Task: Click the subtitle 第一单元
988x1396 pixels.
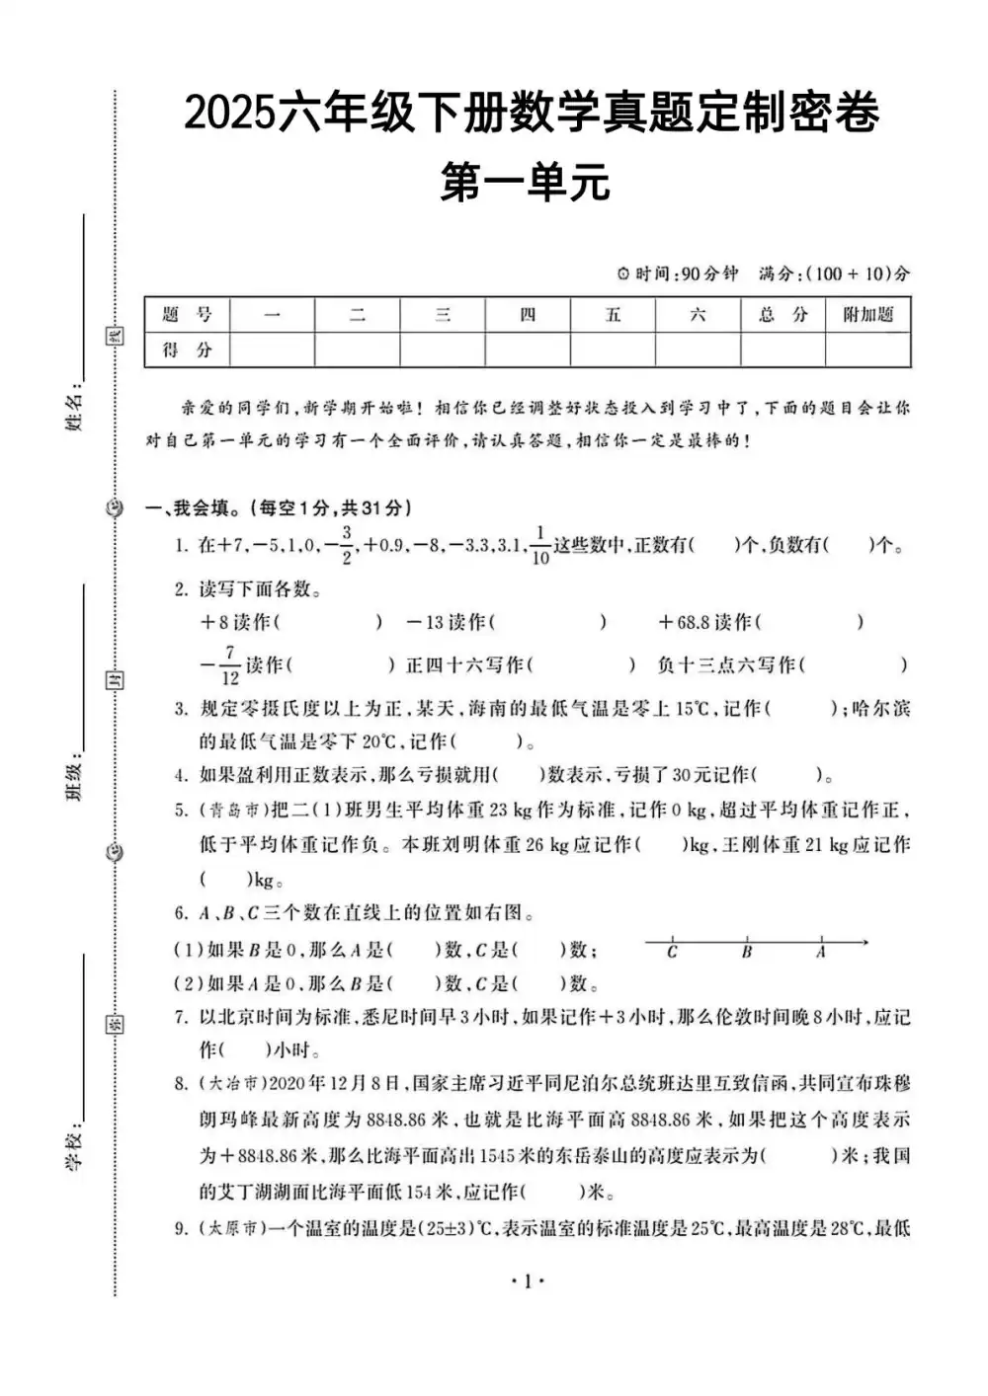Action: (525, 183)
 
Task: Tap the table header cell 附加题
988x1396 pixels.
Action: (867, 315)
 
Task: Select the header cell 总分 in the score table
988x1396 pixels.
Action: (782, 315)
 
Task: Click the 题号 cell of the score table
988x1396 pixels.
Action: (187, 315)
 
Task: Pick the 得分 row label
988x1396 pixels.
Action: (187, 349)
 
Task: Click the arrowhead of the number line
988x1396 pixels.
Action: (864, 942)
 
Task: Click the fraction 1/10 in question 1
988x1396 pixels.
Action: (539, 546)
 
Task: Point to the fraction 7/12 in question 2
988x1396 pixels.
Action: (229, 665)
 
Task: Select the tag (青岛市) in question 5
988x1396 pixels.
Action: (232, 811)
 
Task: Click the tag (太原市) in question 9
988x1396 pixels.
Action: (232, 1229)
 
